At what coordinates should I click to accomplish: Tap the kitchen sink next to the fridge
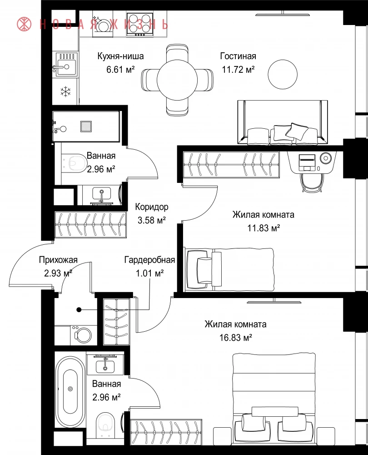[x=65, y=65]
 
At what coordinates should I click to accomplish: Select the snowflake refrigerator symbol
[x=65, y=91]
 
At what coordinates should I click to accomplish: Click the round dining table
[x=177, y=79]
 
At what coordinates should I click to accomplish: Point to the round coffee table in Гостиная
[x=283, y=74]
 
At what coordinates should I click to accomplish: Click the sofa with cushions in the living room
[x=283, y=122]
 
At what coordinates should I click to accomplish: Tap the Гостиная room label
[x=238, y=56]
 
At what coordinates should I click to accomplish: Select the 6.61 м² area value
[x=120, y=70]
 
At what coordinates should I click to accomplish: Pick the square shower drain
[x=86, y=126]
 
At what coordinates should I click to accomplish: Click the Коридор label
[x=152, y=207]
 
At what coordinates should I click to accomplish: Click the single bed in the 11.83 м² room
[x=229, y=269]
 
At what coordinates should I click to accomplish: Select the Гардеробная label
[x=149, y=260]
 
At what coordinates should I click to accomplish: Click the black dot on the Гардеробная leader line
[x=79, y=310]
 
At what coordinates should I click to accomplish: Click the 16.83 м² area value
[x=236, y=338]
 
